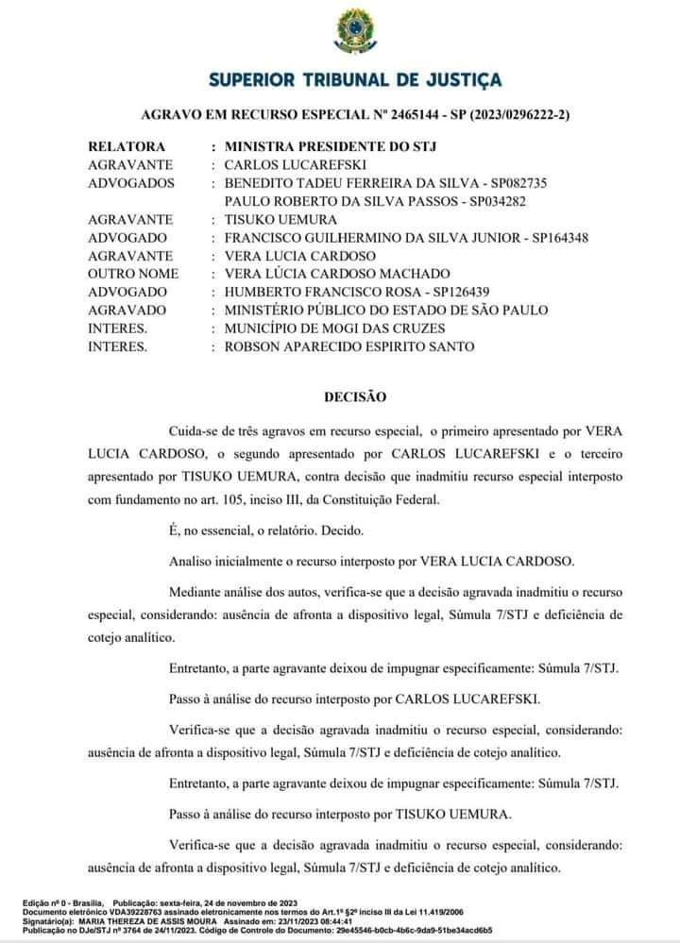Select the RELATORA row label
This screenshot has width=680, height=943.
(x=127, y=147)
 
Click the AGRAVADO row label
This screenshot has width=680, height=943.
(x=127, y=311)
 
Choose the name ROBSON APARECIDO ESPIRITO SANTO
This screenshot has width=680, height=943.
(x=349, y=346)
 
